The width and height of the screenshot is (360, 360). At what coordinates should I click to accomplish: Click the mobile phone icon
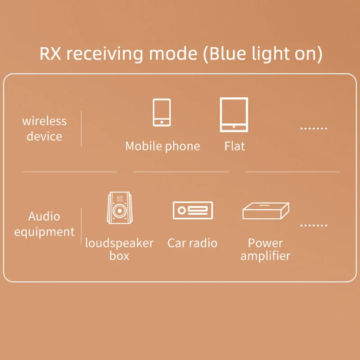162,112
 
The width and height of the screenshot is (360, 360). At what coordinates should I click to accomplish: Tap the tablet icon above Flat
234,114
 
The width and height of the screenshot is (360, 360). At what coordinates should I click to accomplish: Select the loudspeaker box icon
119,208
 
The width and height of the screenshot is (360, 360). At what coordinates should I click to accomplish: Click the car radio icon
193,210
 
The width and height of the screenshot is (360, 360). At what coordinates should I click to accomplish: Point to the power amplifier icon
265,210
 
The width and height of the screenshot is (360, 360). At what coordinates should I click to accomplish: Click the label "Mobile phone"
162,146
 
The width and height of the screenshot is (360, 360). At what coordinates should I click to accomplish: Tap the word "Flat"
234,146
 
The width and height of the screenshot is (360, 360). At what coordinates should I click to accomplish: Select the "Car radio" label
192,243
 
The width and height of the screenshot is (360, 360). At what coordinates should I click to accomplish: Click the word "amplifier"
265,256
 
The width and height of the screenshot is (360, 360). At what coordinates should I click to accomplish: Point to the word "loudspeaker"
119,243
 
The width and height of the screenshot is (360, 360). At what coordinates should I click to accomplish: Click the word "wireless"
44,121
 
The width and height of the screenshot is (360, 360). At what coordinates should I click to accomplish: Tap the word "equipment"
44,232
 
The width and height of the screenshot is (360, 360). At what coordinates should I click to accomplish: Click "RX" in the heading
50,54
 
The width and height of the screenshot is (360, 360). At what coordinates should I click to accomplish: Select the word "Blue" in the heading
229,54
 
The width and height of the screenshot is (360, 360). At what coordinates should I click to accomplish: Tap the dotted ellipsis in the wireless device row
314,129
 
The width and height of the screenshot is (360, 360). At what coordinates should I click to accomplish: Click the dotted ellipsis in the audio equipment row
314,225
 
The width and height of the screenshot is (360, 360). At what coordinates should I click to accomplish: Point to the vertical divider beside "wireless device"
81,129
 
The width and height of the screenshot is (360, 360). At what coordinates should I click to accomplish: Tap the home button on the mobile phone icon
162,121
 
